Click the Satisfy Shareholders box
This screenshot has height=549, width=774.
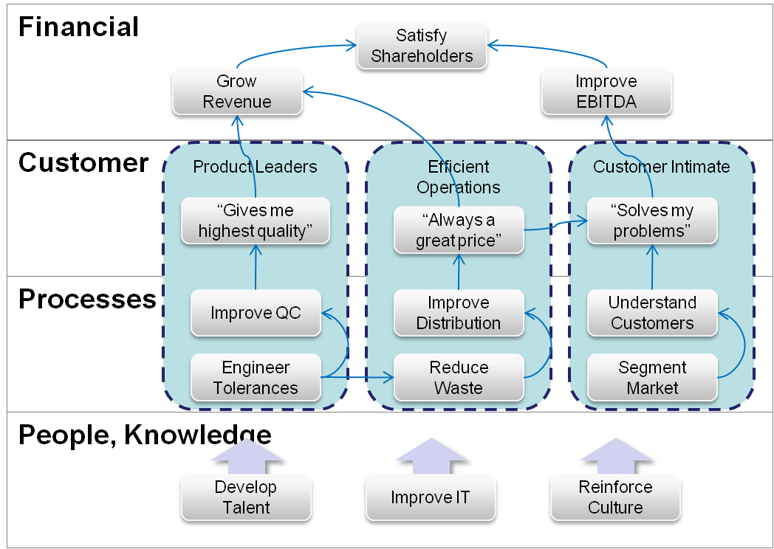pos(422,46)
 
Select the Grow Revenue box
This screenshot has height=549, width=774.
pos(237,91)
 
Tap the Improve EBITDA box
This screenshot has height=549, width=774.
pos(606,91)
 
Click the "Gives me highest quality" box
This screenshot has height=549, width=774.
pos(256,221)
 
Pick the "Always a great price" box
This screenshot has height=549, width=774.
pos(458,230)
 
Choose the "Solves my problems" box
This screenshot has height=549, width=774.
pos(652,221)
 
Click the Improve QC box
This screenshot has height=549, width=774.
pos(256,313)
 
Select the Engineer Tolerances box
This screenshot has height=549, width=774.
pos(256,377)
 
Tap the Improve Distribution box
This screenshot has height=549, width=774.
pos(458,313)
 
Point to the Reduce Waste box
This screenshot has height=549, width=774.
pos(458,377)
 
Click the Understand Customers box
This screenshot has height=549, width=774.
pos(652,313)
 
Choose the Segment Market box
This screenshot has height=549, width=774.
pos(652,377)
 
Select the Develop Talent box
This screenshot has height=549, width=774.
pos(246,497)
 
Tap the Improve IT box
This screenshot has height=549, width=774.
pos(431,497)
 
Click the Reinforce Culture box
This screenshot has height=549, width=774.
pos(615,497)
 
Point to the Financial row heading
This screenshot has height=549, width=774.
pos(78,27)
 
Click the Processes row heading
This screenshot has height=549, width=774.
pos(87,299)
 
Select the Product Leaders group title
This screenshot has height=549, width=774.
pos(255,167)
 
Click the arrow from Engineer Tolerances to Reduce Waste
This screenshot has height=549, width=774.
pos(358,379)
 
